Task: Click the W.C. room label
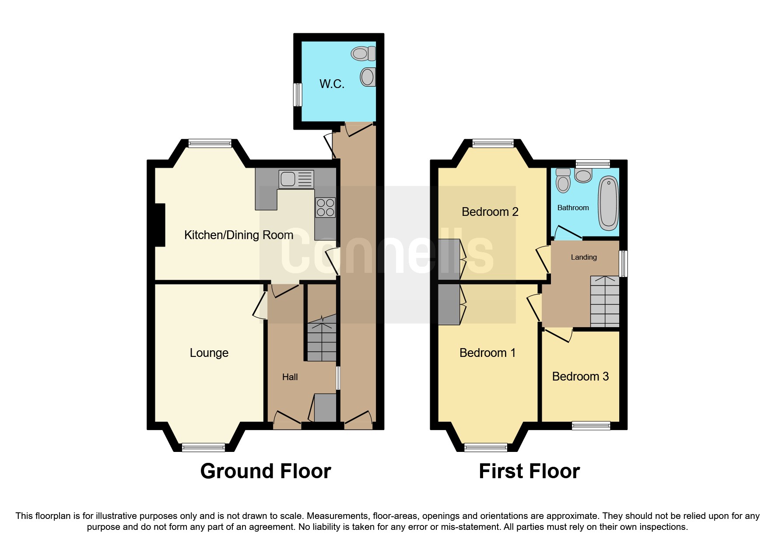point(332,84)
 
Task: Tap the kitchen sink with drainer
point(296,179)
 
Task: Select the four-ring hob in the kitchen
point(325,208)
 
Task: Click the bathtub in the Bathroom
point(608,203)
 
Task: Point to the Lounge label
point(209,353)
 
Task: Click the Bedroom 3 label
point(580,377)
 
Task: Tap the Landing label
point(583,257)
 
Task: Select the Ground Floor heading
point(265,471)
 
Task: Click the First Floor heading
point(529,471)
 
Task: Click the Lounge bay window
point(203,447)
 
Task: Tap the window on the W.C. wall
point(298,95)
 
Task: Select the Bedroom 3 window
point(591,425)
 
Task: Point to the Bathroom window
point(593,164)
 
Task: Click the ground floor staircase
point(322,342)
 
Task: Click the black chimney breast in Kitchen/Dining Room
point(160,225)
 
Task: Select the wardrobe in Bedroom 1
point(449,305)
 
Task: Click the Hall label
point(290,377)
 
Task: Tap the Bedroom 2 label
point(490,212)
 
